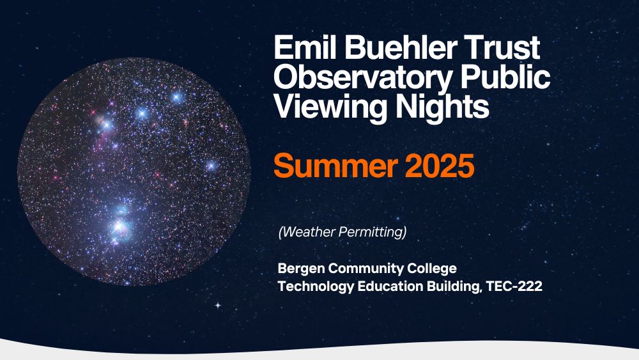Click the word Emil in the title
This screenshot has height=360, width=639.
305,47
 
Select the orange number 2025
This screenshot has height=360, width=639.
440,166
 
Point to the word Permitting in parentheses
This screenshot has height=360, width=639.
373,232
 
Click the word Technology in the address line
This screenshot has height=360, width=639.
316,286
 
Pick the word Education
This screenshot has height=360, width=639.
390,286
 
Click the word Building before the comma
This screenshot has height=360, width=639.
452,286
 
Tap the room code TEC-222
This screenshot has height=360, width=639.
514,286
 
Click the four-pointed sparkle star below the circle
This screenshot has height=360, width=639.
219,305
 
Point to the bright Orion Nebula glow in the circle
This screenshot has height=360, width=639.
120,226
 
